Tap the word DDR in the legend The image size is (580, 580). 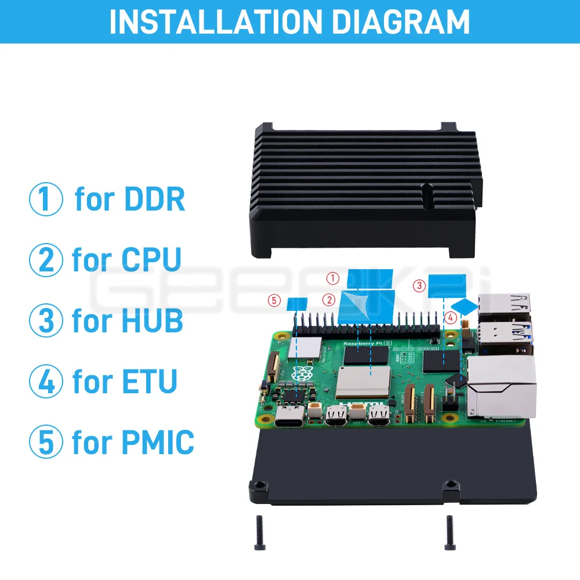click(x=154, y=199)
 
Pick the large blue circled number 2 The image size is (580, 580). click(x=46, y=260)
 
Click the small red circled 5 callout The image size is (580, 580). click(x=274, y=300)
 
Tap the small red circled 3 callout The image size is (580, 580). click(x=419, y=285)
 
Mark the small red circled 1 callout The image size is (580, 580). click(x=332, y=278)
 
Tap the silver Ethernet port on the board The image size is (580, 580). click(x=502, y=387)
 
